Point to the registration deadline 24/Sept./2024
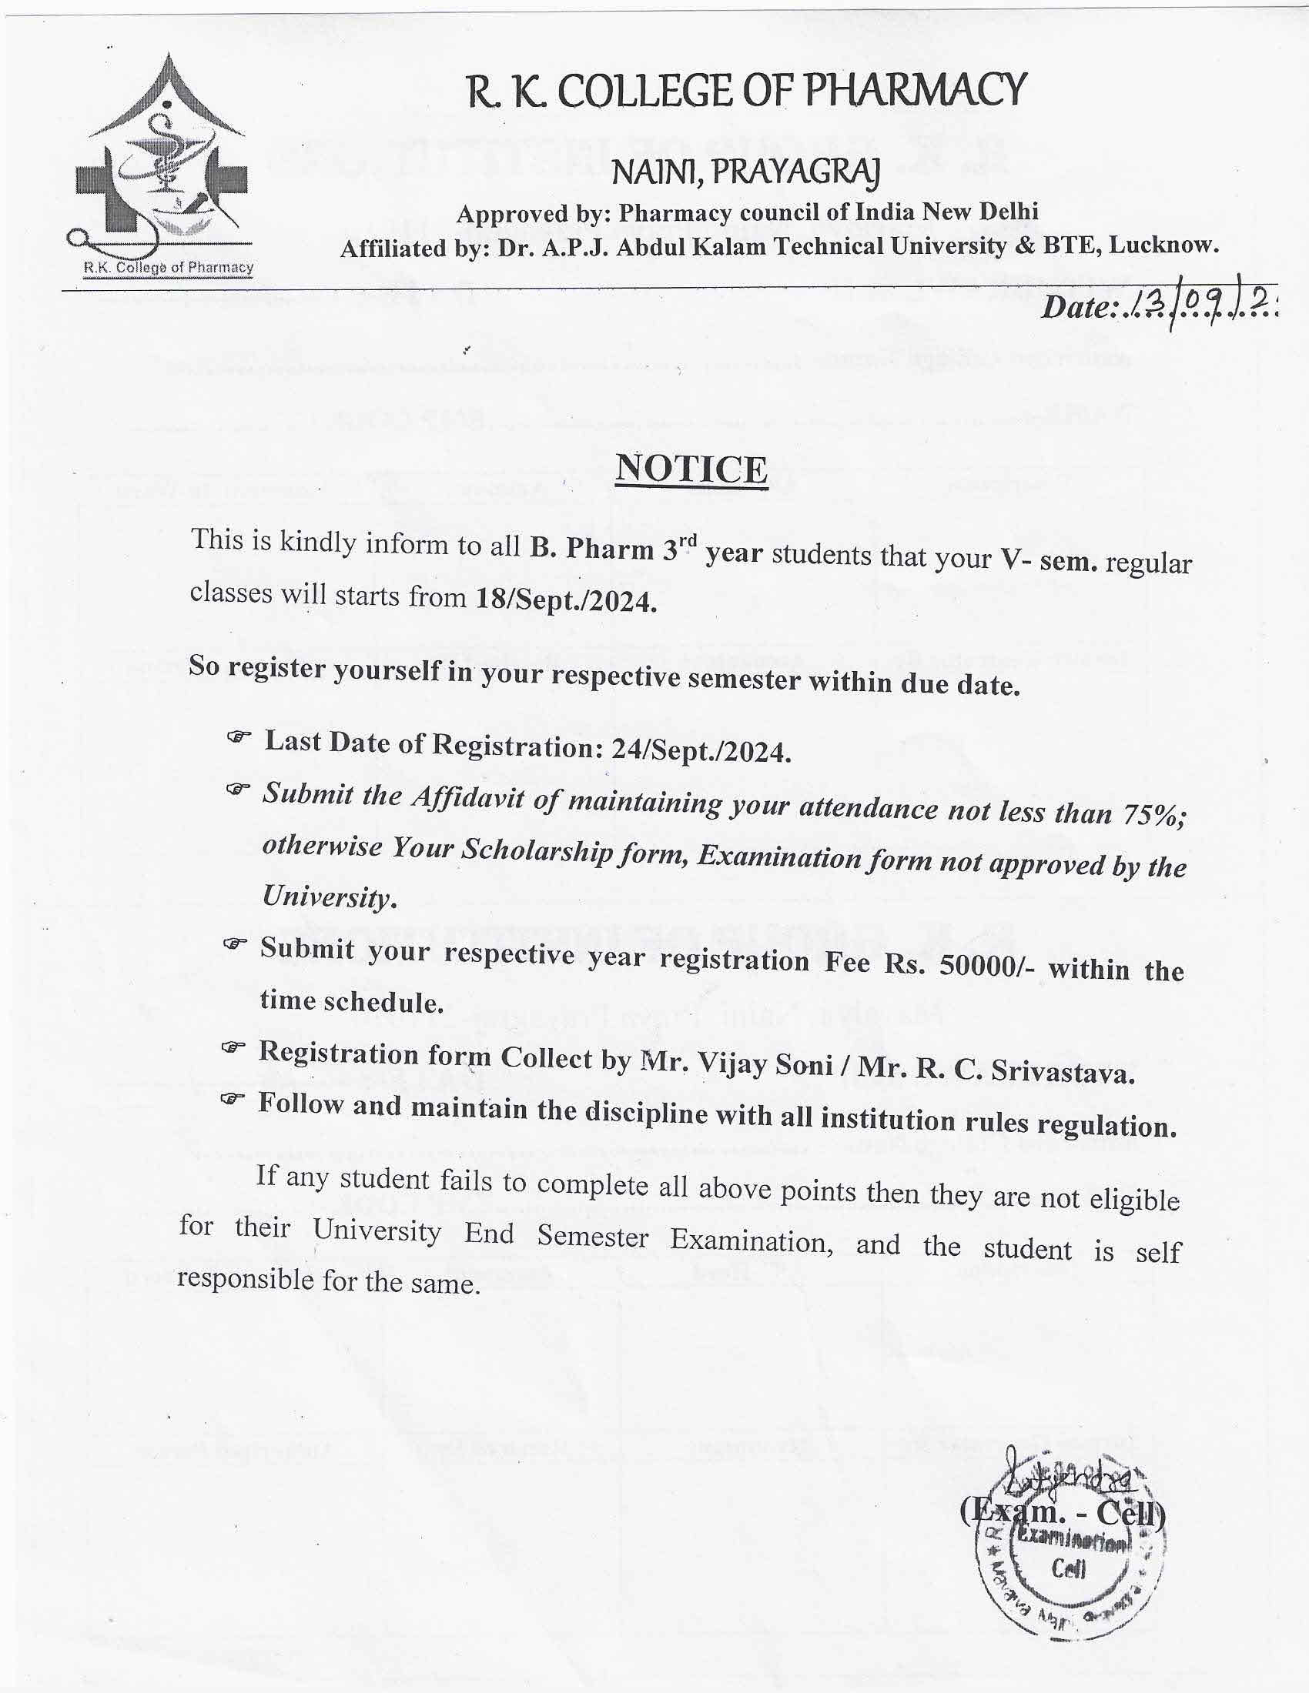pyautogui.click(x=701, y=750)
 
